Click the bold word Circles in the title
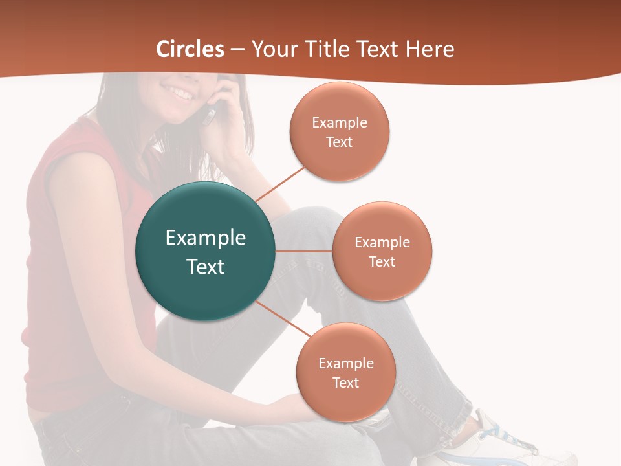pyautogui.click(x=190, y=49)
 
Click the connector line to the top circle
pyautogui.click(x=279, y=184)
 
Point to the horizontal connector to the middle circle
pyautogui.click(x=304, y=251)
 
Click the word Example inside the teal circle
pyautogui.click(x=206, y=238)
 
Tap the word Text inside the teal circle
pyautogui.click(x=206, y=267)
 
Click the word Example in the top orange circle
pyautogui.click(x=340, y=123)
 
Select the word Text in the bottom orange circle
pyautogui.click(x=346, y=383)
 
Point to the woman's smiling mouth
pyautogui.click(x=181, y=94)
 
